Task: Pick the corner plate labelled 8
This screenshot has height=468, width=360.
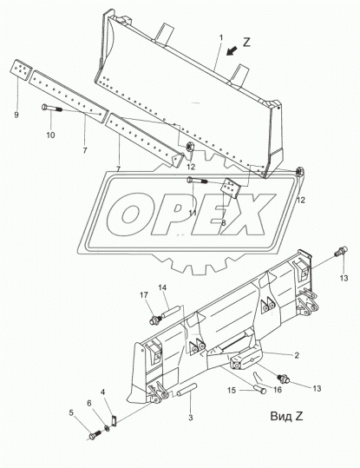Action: click(x=232, y=188)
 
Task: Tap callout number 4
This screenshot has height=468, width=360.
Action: click(x=103, y=392)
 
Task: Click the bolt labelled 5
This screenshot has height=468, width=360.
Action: click(x=93, y=433)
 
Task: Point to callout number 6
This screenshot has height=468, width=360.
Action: click(x=88, y=402)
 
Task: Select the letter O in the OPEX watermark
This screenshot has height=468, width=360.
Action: click(x=126, y=211)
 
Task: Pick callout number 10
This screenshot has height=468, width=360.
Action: click(x=50, y=135)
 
